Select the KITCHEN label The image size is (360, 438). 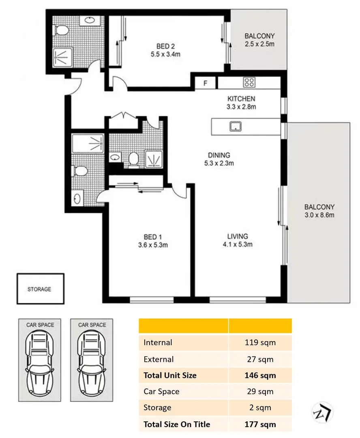tap(241, 99)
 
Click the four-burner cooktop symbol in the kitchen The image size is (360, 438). tap(249, 83)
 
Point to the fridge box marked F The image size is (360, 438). tap(206, 84)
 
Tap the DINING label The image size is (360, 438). tap(219, 155)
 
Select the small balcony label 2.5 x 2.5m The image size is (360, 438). tap(259, 44)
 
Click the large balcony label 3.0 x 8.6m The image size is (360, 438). tap(319, 215)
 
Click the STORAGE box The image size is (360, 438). tap(40, 289)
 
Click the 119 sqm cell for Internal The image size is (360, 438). tap(260, 343)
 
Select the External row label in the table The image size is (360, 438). tap(159, 359)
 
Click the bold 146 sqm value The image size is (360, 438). tap(260, 376)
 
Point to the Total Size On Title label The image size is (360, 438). tap(177, 425)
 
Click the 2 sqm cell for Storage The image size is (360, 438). tap(260, 408)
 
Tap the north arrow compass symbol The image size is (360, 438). tap(322, 413)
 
